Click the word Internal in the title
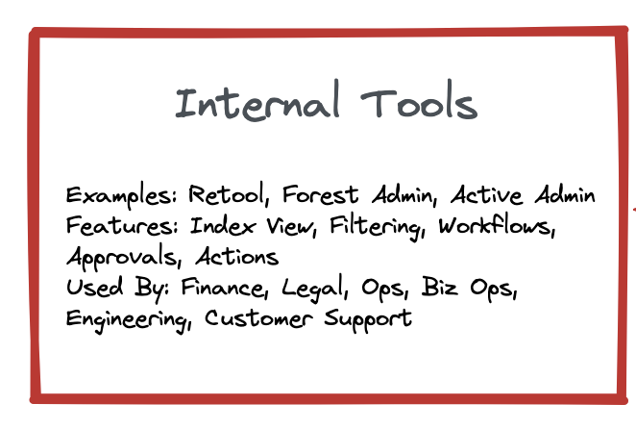[x=257, y=101]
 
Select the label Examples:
[x=122, y=196]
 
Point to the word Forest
[x=321, y=194]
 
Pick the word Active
[x=486, y=194]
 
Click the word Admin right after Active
[x=565, y=194]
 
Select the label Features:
[x=122, y=225]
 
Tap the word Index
[x=223, y=225]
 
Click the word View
[x=291, y=226]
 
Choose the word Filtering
[x=378, y=227]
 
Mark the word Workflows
[x=497, y=225]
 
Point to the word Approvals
[x=123, y=257]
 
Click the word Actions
[x=237, y=257]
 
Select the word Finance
[x=224, y=288]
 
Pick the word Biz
[x=440, y=287]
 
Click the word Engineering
[x=129, y=319]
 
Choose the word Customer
[x=258, y=318]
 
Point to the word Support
[x=368, y=319]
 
